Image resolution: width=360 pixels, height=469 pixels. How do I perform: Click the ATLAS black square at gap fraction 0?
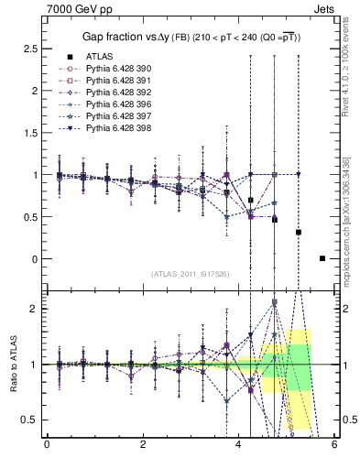coord(322,258)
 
